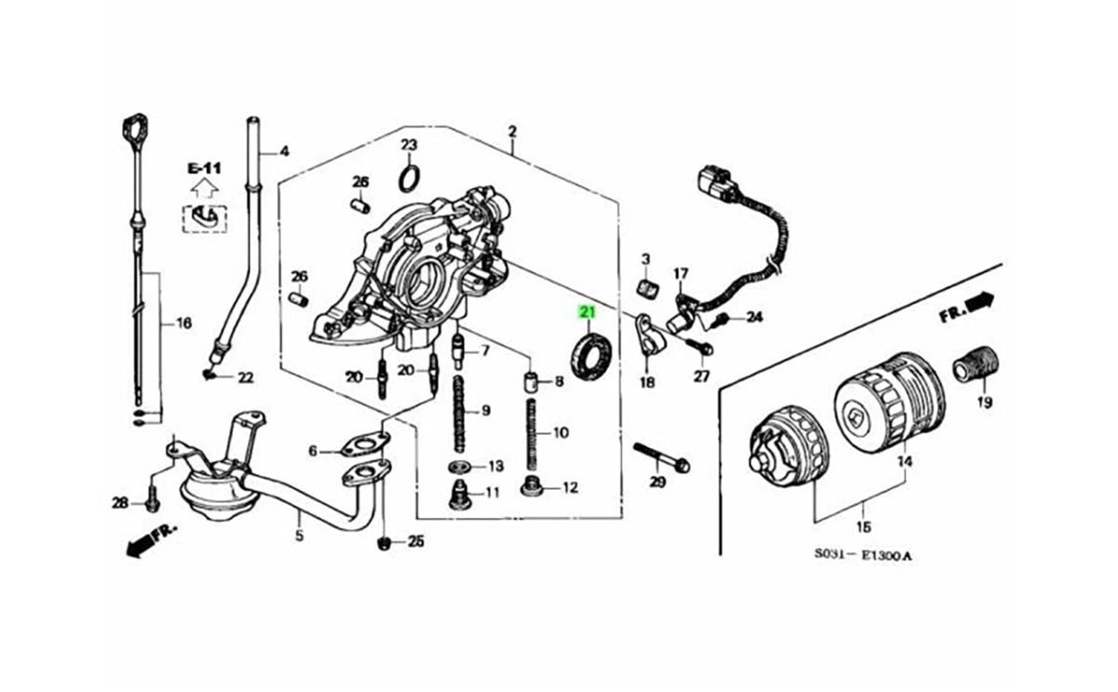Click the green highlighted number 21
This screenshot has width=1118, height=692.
tap(587, 312)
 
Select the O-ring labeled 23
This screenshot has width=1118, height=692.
tap(409, 178)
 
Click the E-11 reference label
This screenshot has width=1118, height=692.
tap(204, 169)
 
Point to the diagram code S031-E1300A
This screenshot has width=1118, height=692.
tap(863, 555)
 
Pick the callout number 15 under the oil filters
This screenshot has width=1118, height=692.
tap(864, 527)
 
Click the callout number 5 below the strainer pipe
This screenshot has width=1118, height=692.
tap(299, 536)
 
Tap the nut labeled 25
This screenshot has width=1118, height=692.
tap(384, 542)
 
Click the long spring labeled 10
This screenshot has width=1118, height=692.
tap(532, 434)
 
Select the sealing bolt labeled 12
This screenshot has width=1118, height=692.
tap(530, 486)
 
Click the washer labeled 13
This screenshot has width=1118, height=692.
tap(459, 467)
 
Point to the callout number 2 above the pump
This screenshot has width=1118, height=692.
tap(512, 131)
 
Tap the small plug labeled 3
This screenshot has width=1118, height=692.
tap(648, 288)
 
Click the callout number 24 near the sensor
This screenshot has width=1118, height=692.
tap(754, 317)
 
